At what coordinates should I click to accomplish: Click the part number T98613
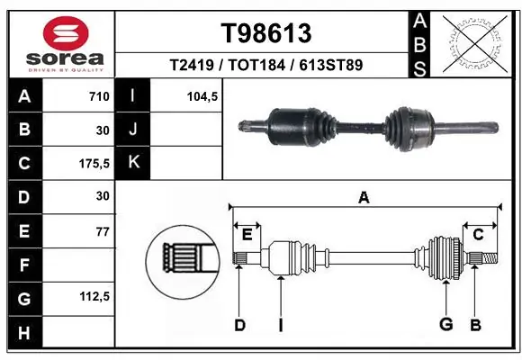coord(266,33)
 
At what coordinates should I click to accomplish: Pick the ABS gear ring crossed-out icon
coord(473,41)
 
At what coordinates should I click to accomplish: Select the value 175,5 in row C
coord(94,164)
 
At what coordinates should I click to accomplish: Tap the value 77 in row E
coord(102,232)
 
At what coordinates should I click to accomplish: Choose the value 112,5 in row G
coord(94,298)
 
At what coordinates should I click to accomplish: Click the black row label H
coord(23,333)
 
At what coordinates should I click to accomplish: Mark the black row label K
coord(133,163)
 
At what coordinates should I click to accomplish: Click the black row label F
coord(23,265)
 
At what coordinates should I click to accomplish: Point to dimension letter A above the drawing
coord(364,197)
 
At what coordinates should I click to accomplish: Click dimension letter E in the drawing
coord(247,236)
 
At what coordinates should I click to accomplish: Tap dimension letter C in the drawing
coord(478,234)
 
